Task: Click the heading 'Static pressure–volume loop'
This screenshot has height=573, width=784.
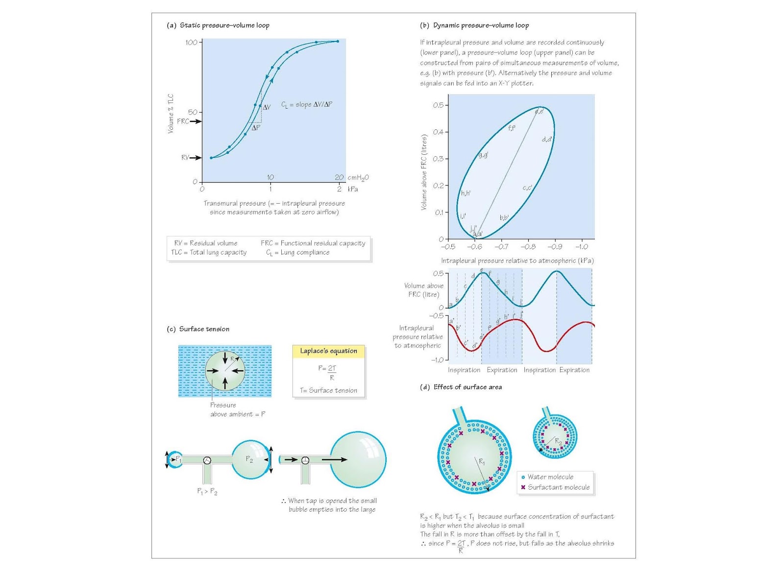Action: pos(224,25)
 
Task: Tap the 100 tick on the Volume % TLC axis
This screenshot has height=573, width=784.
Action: pos(191,43)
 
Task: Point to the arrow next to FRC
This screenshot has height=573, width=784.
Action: pos(196,121)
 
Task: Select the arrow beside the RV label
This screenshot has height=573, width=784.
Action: pos(196,158)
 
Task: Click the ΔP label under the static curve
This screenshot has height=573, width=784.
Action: pos(256,128)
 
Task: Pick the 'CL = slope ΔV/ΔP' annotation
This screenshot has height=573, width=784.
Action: pos(307,105)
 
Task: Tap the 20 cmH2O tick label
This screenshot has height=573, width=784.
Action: pos(340,177)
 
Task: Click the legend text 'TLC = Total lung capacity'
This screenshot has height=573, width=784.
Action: pos(209,253)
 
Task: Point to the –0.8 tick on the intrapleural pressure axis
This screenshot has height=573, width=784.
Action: pos(528,247)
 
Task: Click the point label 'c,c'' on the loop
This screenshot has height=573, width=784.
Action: pos(527,188)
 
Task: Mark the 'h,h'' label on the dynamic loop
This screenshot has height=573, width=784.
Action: pos(465,193)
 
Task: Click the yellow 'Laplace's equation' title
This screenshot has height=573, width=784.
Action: pos(328,351)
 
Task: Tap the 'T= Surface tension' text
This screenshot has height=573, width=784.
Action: pos(328,390)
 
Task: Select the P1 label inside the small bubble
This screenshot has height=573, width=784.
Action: pos(178,459)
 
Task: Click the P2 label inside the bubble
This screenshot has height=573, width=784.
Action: pos(249,459)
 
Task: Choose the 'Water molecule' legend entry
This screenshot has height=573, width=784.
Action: pos(550,477)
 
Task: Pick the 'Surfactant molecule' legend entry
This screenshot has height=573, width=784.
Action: pos(559,487)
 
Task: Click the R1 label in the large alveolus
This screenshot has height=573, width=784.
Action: pos(482,462)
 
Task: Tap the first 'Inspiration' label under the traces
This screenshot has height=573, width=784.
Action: pos(464,370)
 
